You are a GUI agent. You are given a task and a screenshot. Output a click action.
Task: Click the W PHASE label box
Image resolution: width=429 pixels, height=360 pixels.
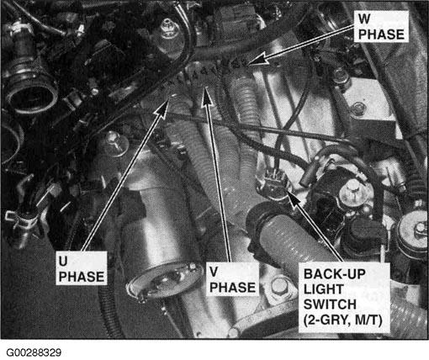(x=381, y=27)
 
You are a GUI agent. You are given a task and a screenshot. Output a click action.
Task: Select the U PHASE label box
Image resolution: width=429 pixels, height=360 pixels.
(x=82, y=268)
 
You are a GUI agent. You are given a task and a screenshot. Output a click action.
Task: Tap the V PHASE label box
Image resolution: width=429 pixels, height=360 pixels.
(x=232, y=278)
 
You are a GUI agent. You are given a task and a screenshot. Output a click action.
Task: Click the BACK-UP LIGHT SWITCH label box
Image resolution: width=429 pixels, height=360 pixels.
(x=344, y=298)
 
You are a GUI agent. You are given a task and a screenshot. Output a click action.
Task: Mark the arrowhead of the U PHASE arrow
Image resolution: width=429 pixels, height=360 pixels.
(x=162, y=107)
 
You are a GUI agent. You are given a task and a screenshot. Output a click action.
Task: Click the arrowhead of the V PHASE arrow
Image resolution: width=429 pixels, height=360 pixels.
(x=207, y=95)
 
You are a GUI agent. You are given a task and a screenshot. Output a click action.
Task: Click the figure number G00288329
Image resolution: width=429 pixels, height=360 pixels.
(x=34, y=352)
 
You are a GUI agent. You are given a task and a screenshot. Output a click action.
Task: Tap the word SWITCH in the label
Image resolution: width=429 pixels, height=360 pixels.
(x=330, y=304)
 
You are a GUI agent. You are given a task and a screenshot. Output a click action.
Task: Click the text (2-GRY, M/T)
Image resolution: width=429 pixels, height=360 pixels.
(x=343, y=320)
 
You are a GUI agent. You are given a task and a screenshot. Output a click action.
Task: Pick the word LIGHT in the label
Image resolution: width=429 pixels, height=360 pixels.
(x=324, y=289)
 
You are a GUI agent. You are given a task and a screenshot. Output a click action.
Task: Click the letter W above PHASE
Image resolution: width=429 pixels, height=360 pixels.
(x=364, y=19)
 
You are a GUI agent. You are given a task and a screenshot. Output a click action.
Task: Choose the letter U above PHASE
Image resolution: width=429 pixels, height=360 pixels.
(x=63, y=261)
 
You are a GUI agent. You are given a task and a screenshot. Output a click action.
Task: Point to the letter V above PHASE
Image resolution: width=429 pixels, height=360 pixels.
(x=214, y=272)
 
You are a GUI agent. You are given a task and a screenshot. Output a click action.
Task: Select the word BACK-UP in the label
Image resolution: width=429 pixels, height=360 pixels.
(x=335, y=274)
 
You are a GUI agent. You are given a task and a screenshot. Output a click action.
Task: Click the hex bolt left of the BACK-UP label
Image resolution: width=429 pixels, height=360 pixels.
(x=279, y=287)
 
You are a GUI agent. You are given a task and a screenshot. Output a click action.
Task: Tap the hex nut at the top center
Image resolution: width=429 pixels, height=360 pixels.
(x=169, y=28)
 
